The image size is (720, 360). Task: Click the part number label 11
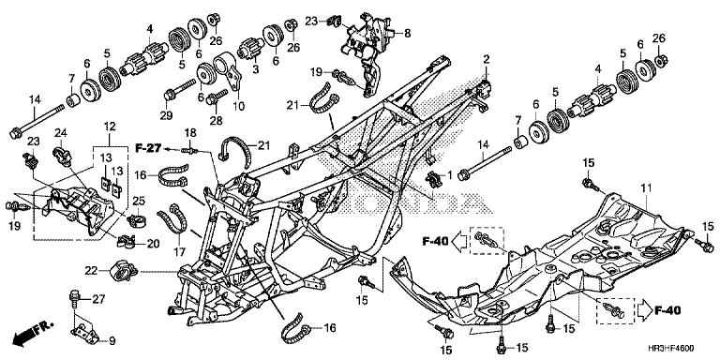pyautogui.click(x=645, y=190)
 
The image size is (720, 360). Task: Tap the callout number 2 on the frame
pyautogui.click(x=487, y=60)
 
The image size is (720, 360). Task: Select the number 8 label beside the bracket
pyautogui.click(x=408, y=33)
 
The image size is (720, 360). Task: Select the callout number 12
pyautogui.click(x=110, y=127)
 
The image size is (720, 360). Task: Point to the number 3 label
pyautogui.click(x=256, y=69)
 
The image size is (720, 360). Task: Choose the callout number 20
pyautogui.click(x=153, y=243)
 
